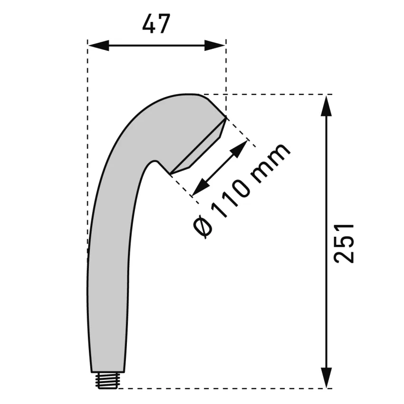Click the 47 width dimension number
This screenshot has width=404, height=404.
tap(156, 24)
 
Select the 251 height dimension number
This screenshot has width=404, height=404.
tap(344, 243)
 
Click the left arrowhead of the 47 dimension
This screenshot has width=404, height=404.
tap(99, 46)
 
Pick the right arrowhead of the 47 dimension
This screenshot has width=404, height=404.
tap(215, 46)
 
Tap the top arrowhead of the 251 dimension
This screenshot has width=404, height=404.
tap(326, 106)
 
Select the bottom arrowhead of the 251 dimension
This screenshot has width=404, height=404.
tap(326, 377)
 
